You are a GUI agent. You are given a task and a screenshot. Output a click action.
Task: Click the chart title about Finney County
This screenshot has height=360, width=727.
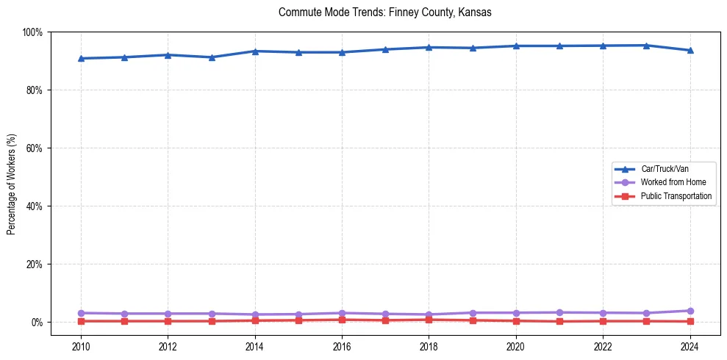coord(385,13)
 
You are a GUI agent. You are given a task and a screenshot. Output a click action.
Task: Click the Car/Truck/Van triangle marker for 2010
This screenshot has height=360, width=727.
coord(81,59)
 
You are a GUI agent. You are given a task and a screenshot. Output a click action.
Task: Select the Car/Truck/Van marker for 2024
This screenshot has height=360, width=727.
coord(690,51)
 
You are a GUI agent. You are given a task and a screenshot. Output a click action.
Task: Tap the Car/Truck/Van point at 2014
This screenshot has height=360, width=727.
coord(255,51)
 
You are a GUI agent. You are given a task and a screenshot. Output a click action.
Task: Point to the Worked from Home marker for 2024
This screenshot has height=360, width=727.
coord(690,311)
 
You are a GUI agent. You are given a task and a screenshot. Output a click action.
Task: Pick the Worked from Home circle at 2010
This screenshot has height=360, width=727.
coord(81,313)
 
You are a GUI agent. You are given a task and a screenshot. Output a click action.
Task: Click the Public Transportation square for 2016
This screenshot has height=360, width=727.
coord(342,320)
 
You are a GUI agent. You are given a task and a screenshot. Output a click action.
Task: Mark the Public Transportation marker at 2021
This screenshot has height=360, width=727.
coord(559,321)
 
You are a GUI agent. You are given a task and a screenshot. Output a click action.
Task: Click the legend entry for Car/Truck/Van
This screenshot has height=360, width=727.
coord(664,169)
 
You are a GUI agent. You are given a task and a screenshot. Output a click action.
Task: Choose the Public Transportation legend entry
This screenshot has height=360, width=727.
coord(676,196)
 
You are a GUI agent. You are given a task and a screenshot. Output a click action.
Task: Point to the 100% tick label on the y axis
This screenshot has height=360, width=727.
coord(32,32)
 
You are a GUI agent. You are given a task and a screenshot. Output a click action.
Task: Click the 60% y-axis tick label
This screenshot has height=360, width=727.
coord(35,148)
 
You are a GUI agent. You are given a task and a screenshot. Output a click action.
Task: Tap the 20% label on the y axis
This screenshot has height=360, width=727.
coord(35,264)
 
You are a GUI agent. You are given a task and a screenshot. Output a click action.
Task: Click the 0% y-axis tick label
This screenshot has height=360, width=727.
coord(37,323)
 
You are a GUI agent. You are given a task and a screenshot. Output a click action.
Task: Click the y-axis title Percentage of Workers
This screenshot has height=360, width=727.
coord(12,183)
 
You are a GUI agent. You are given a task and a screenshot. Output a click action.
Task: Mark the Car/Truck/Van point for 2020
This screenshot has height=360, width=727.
coord(516,46)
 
